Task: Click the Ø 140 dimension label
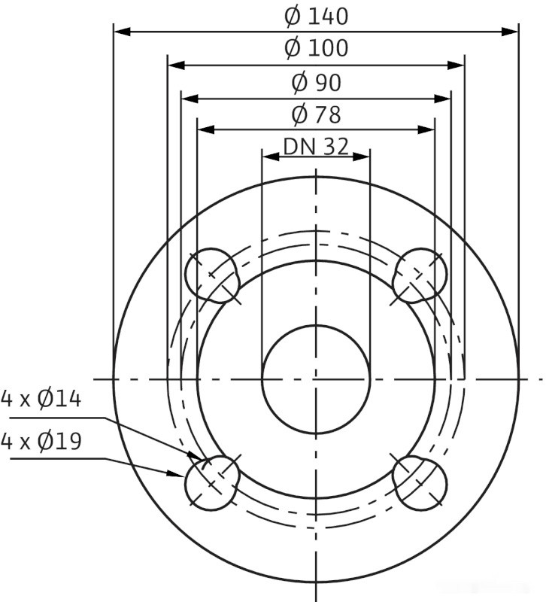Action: point(316,16)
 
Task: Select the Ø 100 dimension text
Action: point(316,49)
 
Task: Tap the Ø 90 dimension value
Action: point(316,83)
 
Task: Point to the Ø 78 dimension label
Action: point(316,115)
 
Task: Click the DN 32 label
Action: point(316,147)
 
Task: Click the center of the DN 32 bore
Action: point(316,379)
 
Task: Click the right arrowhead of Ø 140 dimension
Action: point(513,32)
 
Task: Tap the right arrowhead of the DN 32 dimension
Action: point(365,156)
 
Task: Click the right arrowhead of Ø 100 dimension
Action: point(459,65)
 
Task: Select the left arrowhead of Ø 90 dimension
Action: point(187,98)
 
